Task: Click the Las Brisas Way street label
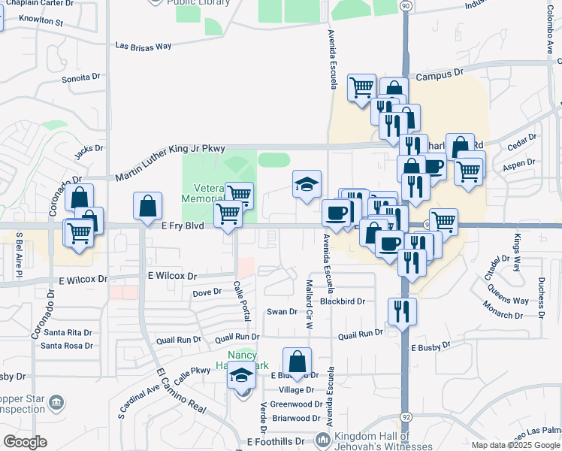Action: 144,46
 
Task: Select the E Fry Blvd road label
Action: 183,225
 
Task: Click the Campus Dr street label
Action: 440,75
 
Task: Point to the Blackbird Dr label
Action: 342,301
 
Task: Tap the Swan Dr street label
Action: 283,311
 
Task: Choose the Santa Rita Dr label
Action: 68,332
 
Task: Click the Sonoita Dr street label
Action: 81,77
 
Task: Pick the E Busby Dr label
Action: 429,347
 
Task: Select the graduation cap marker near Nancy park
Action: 241,374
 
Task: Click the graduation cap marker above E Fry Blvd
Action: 306,183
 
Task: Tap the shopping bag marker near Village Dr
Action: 298,361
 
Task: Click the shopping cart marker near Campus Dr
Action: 361,86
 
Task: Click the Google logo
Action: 25,443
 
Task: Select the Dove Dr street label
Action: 207,292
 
